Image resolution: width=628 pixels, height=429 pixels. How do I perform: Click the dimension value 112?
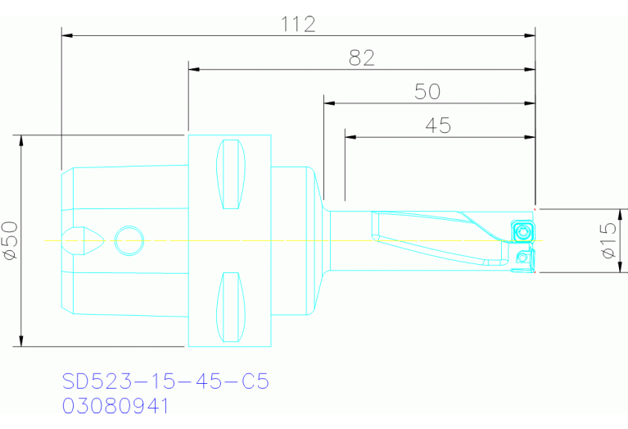pyautogui.click(x=298, y=24)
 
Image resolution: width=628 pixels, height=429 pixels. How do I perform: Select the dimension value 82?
pyautogui.click(x=361, y=58)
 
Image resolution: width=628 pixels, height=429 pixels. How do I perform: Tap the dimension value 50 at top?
pyautogui.click(x=427, y=92)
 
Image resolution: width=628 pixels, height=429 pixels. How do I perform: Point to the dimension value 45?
pyautogui.click(x=438, y=126)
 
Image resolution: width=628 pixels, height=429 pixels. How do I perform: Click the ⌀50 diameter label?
pyautogui.click(x=11, y=241)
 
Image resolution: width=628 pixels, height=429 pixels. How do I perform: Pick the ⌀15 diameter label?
pyautogui.click(x=608, y=240)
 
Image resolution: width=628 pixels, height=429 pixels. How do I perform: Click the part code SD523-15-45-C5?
pyautogui.click(x=165, y=381)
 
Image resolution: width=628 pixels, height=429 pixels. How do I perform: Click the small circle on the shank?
pyautogui.click(x=129, y=240)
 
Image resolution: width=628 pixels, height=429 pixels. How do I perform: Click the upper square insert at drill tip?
pyautogui.click(x=522, y=230)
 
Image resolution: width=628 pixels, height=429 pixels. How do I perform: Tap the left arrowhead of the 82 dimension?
pyautogui.click(x=194, y=70)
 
